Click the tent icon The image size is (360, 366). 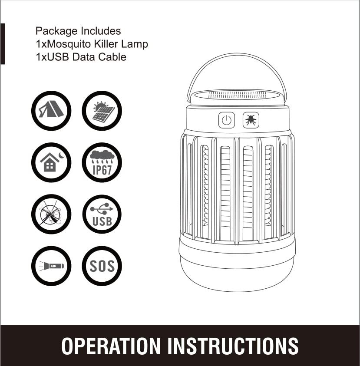pyautogui.click(x=51, y=111)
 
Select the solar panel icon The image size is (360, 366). pyautogui.click(x=102, y=111)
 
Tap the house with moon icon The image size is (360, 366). pyautogui.click(x=51, y=162)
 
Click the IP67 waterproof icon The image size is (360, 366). pyautogui.click(x=102, y=162)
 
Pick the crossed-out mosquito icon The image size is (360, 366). pyautogui.click(x=51, y=214)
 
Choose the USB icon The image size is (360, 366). pyautogui.click(x=102, y=214)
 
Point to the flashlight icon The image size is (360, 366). pyautogui.click(x=51, y=266)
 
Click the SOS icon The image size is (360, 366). pyautogui.click(x=102, y=266)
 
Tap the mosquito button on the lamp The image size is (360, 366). pyautogui.click(x=251, y=120)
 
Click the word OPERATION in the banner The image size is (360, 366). pyautogui.click(x=111, y=346)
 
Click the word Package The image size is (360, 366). pyautogui.click(x=56, y=31)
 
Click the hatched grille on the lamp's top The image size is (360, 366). pyautogui.click(x=237, y=95)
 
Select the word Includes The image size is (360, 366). pyautogui.click(x=101, y=31)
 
